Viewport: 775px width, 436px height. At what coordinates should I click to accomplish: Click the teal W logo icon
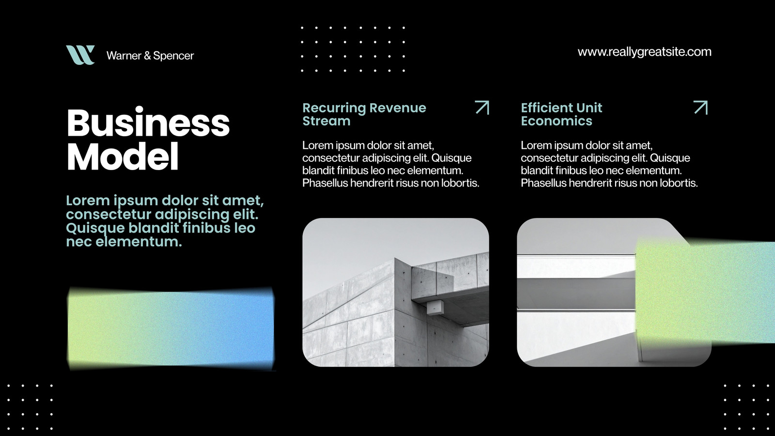click(80, 55)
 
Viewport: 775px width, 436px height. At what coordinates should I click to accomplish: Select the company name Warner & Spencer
click(150, 56)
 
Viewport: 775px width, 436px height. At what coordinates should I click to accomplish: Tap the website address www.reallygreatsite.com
click(645, 52)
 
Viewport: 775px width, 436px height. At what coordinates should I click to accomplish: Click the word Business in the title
click(148, 123)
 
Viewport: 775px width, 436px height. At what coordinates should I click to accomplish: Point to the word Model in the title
click(123, 156)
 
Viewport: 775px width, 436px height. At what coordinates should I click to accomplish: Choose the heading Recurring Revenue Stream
click(364, 114)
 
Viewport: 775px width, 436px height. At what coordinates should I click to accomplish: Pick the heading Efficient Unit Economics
click(561, 114)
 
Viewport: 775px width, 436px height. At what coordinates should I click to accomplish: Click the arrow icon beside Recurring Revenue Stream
click(482, 107)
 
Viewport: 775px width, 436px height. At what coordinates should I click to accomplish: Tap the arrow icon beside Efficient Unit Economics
click(700, 107)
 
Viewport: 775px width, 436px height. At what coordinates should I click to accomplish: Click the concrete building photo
click(396, 293)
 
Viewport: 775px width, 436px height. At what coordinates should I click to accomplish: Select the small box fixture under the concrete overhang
click(435, 307)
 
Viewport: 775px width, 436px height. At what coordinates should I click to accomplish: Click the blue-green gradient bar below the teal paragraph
click(170, 328)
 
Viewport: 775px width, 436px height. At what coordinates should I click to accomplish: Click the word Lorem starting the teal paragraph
click(88, 201)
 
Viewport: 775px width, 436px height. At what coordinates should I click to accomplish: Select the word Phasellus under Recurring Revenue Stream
click(325, 183)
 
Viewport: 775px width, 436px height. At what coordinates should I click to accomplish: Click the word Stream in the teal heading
click(326, 121)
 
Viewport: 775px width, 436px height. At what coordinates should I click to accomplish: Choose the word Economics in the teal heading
click(557, 121)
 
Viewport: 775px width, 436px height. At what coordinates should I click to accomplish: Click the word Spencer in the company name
click(173, 56)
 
